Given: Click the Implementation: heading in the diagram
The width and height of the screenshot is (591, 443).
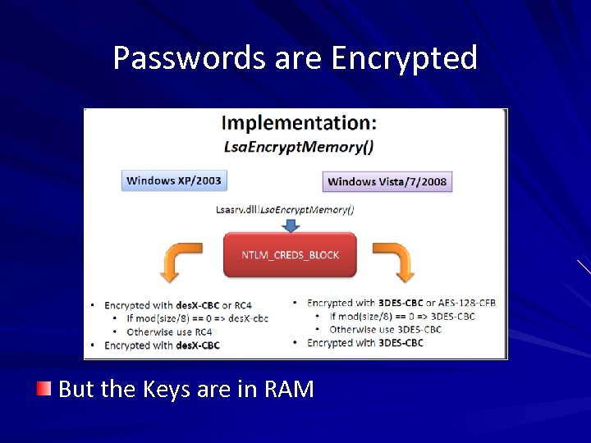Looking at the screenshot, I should pos(300,123).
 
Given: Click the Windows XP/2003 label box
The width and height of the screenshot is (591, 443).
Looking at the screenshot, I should pos(173,180).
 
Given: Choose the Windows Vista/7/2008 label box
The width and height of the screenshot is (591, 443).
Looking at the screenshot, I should pos(387,181).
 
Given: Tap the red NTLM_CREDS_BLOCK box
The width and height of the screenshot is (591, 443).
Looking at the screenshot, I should pos(290,254).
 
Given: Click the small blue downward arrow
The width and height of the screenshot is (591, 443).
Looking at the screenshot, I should pos(291,223).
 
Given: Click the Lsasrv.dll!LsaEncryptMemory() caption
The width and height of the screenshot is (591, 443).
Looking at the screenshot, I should pos(285,209).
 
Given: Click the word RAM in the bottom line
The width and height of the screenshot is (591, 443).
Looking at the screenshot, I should pos(289,389).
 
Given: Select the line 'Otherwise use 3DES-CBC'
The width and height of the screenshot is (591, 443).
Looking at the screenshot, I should pos(385,330).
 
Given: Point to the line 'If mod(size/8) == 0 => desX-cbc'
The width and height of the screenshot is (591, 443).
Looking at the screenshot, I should pos(197,318).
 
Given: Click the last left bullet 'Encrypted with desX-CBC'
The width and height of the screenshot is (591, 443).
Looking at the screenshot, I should pos(162,345).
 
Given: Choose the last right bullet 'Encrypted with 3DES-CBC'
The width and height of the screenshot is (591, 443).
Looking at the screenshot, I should pos(364,343).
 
